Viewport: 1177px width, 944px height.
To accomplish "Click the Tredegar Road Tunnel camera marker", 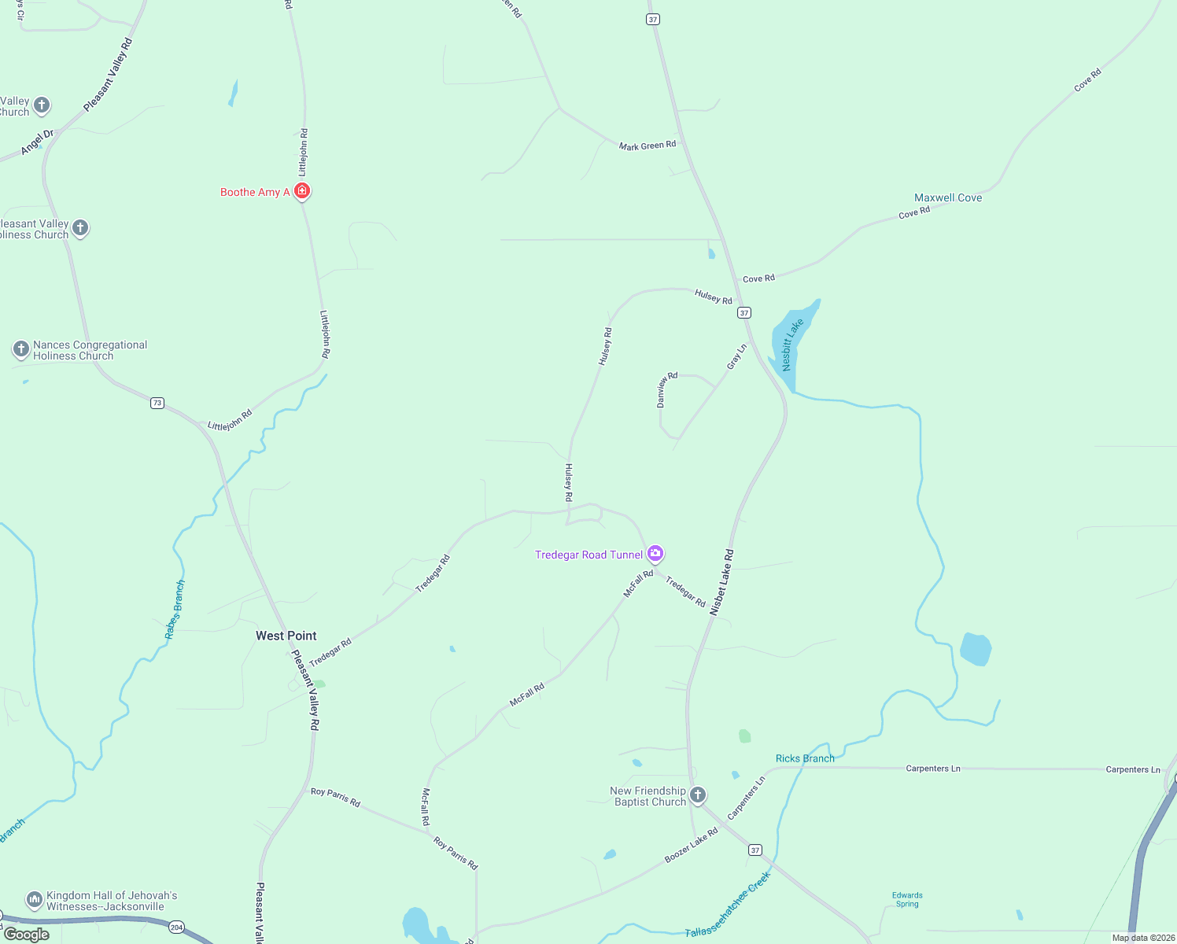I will (655, 554).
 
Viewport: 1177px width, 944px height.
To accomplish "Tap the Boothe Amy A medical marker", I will (302, 191).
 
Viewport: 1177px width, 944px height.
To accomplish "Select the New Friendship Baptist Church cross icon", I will (698, 795).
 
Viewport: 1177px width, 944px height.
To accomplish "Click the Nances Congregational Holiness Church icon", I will (21, 348).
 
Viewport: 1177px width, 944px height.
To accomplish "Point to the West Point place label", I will (286, 636).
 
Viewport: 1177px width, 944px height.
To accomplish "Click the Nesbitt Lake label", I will (792, 345).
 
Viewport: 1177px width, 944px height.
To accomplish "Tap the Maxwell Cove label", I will (948, 197).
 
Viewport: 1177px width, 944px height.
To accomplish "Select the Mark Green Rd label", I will (647, 146).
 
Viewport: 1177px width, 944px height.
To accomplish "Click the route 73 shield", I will (157, 403).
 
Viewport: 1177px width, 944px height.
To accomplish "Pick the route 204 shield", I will (176, 927).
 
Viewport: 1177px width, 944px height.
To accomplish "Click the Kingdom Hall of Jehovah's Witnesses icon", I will (34, 898).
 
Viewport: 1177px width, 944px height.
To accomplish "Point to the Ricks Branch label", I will (805, 758).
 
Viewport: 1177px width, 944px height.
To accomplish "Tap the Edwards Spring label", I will (907, 899).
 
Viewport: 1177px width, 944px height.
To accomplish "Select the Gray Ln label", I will (736, 356).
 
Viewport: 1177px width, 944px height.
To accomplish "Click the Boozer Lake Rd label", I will (691, 845).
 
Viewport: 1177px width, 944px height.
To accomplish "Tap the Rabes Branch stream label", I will (175, 610).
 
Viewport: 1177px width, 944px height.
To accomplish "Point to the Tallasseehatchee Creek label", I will (728, 905).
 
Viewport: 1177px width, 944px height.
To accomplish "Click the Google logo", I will (27, 935).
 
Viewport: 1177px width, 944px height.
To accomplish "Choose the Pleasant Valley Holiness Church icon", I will (80, 228).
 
